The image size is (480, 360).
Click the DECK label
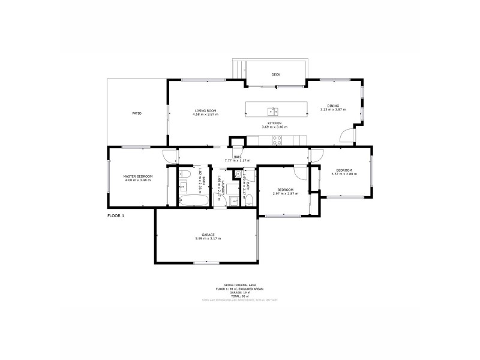(x=276, y=74)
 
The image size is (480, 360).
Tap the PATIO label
(x=137, y=113)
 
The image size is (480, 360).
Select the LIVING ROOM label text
(x=205, y=110)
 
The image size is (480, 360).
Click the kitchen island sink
(x=273, y=110)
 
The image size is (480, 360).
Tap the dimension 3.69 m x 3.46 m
(x=274, y=127)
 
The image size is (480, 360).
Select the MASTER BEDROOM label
(x=138, y=176)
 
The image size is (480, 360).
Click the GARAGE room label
(x=208, y=235)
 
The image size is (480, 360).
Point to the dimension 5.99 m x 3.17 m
(x=208, y=239)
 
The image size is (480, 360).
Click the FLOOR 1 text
(x=116, y=215)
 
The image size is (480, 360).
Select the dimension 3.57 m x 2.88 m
(x=344, y=174)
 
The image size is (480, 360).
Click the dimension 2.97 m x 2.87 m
(x=285, y=193)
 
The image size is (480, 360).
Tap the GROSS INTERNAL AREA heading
(x=239, y=286)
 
